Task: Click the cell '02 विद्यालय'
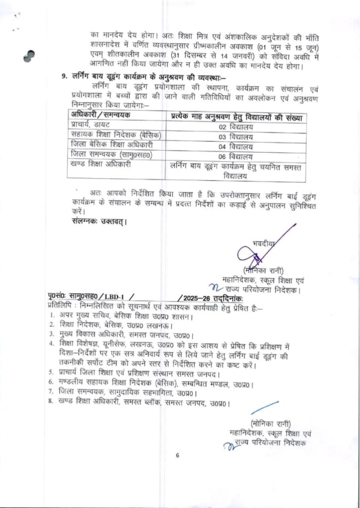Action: coord(236,127)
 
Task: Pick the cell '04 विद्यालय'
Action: coord(236,147)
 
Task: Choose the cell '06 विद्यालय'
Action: coord(236,157)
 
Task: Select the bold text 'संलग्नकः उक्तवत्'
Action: coord(96,221)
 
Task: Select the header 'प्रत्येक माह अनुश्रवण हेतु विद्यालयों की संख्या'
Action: coord(236,117)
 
